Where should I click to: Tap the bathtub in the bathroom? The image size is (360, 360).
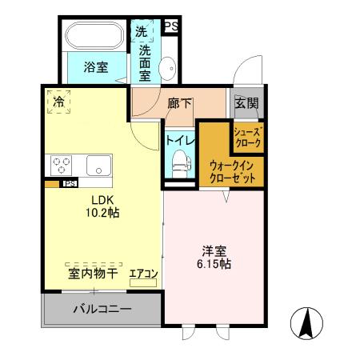click(x=94, y=37)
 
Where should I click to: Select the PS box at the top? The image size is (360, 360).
click(x=171, y=26)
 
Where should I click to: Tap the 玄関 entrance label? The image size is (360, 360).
click(x=246, y=102)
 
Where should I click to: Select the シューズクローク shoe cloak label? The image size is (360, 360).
click(x=247, y=136)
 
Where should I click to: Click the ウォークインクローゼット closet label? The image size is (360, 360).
click(x=232, y=171)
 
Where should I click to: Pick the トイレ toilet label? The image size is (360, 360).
click(x=177, y=139)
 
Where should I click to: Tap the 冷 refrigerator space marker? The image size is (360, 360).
click(x=58, y=102)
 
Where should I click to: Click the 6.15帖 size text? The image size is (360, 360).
click(x=214, y=263)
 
